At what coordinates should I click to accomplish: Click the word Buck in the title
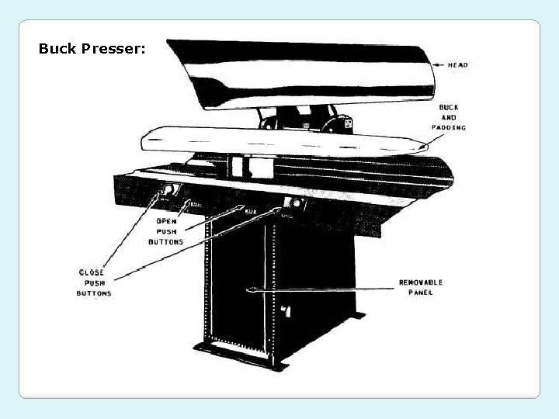57,49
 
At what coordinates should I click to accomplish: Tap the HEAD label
457,65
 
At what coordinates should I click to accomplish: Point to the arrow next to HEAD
439,65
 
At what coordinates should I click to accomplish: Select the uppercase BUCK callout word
448,107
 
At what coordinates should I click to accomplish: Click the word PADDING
449,127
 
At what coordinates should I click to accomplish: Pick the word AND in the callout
449,117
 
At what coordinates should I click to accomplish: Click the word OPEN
165,221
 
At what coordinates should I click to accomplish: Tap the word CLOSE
92,273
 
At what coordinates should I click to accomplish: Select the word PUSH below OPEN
165,231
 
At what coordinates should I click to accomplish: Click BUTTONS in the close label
93,293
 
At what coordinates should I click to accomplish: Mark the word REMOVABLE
421,282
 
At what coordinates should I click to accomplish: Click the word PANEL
421,293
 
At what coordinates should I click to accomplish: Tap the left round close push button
166,191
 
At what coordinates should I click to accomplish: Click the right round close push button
294,204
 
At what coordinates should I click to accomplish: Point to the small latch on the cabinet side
286,310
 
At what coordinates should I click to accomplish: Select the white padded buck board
279,142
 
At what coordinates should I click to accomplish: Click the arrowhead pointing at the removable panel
250,291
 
